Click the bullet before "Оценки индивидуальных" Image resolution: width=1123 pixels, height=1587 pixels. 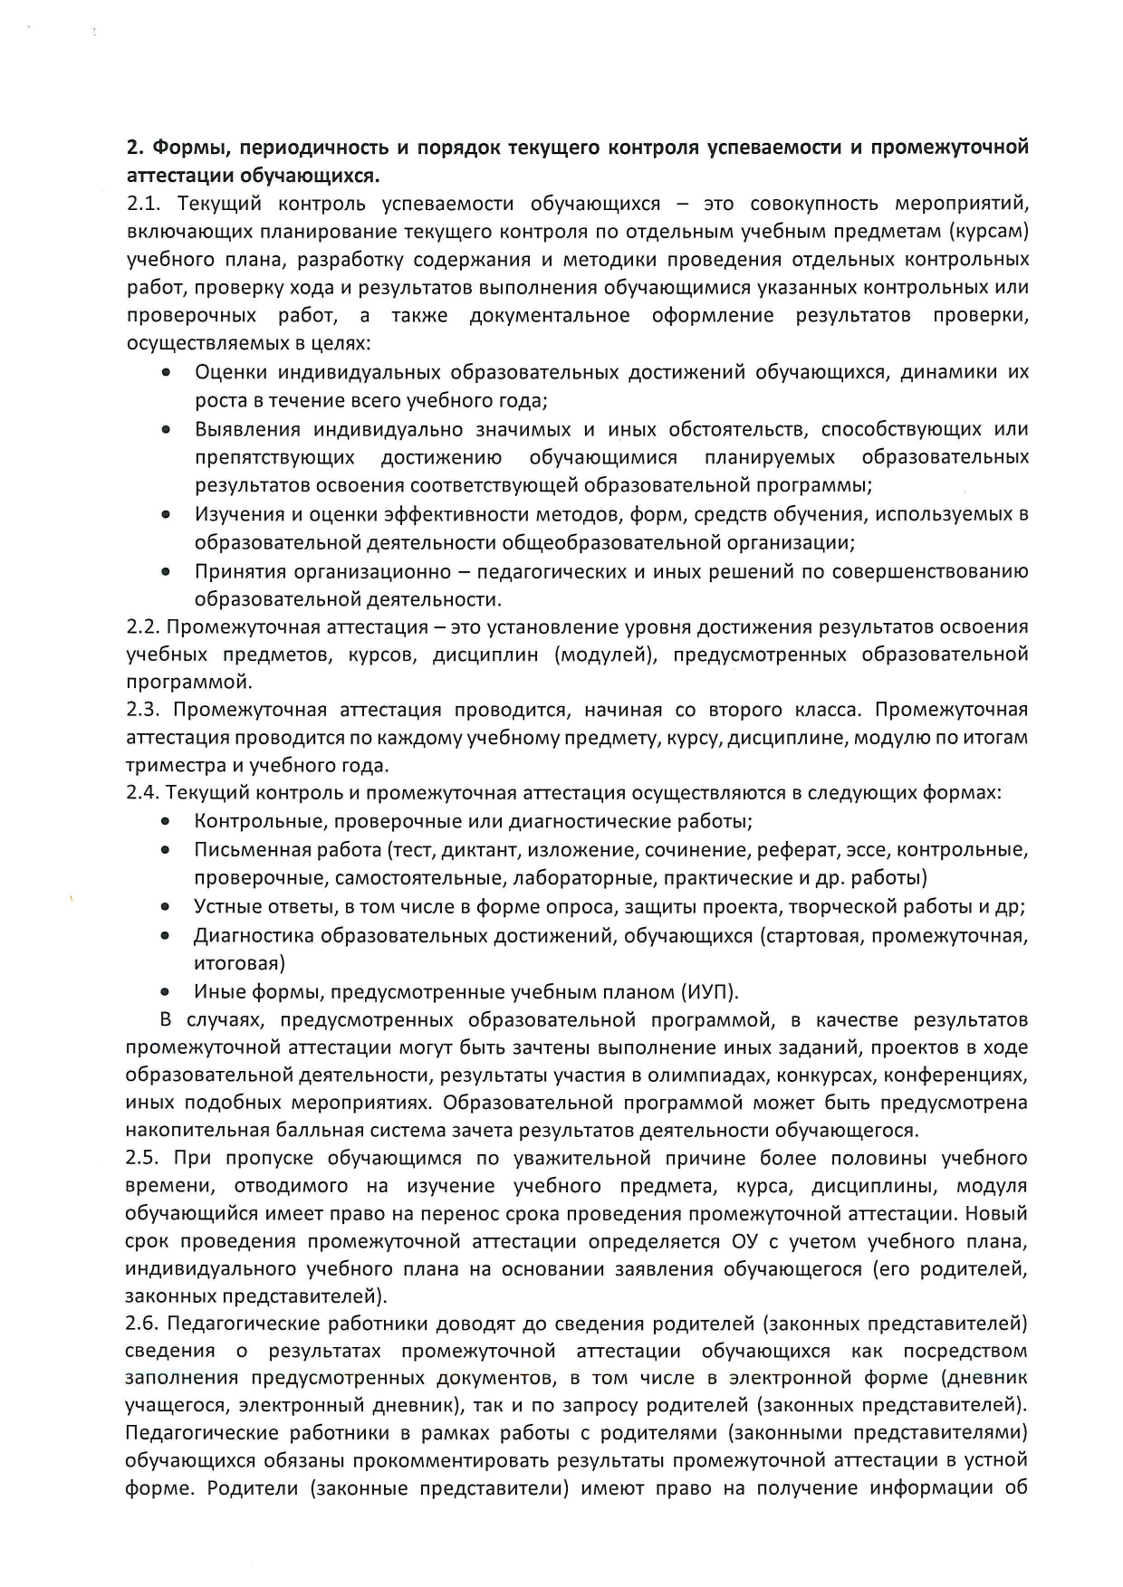point(166,373)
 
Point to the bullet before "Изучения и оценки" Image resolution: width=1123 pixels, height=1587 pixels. point(166,514)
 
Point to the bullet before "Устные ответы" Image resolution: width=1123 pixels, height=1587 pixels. point(166,907)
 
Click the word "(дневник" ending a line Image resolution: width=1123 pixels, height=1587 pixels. point(987,1379)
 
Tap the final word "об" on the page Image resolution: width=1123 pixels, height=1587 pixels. point(1016,1489)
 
